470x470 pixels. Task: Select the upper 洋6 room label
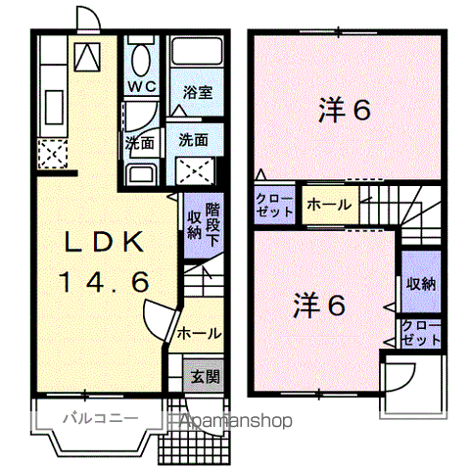click(344, 111)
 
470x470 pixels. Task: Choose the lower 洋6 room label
click(319, 306)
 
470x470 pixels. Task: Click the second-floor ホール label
click(324, 206)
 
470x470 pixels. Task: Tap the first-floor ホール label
click(199, 334)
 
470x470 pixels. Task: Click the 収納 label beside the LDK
click(194, 224)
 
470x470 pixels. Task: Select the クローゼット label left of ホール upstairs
click(273, 205)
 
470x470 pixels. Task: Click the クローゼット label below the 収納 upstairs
click(419, 333)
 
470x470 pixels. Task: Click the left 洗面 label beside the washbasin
click(138, 143)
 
